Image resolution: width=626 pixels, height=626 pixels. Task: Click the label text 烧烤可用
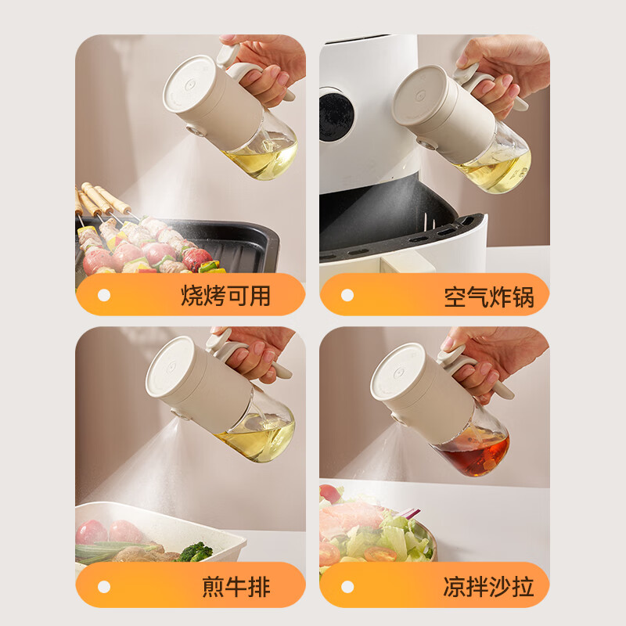pos(225,296)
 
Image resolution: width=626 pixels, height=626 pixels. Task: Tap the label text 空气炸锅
pos(488,297)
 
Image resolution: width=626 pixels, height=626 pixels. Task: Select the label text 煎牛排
pos(236,586)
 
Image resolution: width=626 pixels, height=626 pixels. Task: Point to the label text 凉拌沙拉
pos(488,586)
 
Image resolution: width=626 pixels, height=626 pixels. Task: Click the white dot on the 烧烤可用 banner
pos(104,296)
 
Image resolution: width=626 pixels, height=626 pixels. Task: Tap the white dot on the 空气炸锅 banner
pos(347,296)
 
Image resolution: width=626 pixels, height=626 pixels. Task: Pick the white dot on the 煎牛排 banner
pos(104,587)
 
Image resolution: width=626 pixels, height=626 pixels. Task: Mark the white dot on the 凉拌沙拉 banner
pos(347,587)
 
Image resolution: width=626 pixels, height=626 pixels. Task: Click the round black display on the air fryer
pos(336,117)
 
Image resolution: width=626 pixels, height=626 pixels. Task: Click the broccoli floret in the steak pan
pos(196,552)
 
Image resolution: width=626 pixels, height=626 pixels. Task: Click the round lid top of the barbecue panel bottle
pos(188,84)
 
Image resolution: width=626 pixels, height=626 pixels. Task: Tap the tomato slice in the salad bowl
pos(380,554)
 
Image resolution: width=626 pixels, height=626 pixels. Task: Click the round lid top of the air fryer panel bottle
pos(418,95)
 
